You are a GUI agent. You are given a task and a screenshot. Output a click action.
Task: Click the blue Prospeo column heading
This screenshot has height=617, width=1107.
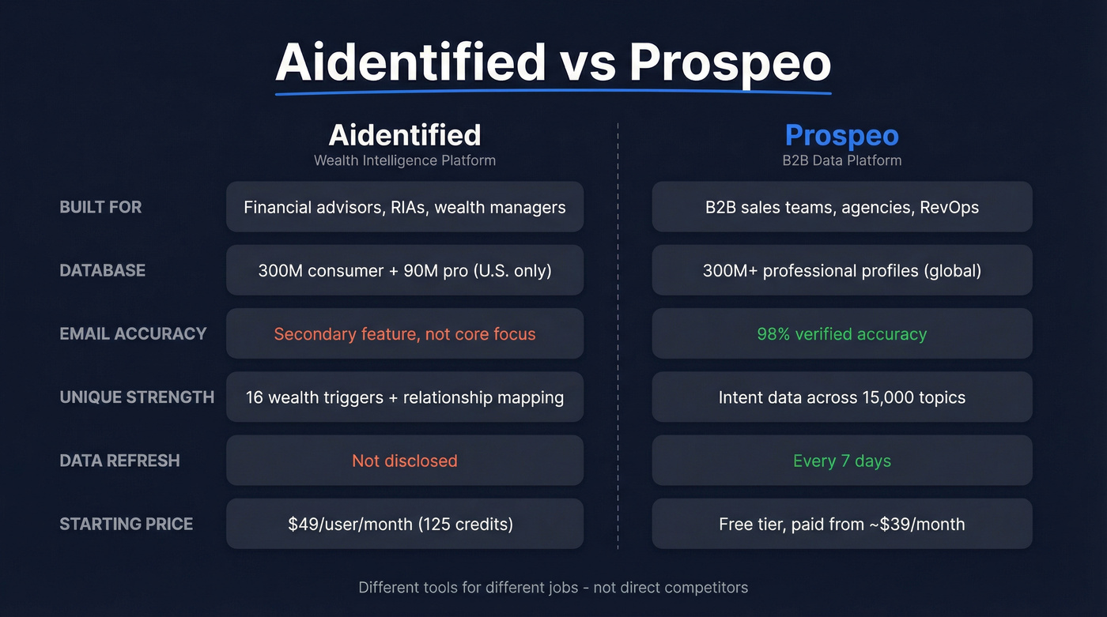click(x=841, y=135)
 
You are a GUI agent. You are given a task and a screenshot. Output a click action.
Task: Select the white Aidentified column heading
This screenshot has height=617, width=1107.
click(x=405, y=135)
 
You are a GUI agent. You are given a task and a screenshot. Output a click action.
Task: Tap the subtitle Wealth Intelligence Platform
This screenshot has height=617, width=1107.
click(x=405, y=160)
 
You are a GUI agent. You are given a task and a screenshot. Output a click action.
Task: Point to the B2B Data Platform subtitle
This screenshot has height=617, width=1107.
click(x=841, y=160)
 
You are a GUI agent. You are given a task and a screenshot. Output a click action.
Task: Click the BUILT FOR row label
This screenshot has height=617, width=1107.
click(x=100, y=207)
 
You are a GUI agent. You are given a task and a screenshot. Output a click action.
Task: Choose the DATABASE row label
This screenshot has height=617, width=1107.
click(x=103, y=270)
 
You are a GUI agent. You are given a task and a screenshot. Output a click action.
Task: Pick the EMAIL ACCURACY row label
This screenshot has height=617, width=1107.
click(x=133, y=333)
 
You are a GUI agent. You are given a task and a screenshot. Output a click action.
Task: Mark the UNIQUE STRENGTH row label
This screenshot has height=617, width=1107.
click(x=137, y=397)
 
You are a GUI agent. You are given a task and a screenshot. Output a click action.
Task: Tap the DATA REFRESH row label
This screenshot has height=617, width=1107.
click(x=119, y=460)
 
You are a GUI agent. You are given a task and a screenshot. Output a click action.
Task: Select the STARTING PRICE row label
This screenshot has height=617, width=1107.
click(x=127, y=523)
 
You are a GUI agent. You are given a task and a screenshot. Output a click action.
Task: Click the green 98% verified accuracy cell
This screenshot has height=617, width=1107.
click(x=841, y=333)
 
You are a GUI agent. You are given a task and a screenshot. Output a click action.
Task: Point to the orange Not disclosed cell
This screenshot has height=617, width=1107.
click(x=405, y=460)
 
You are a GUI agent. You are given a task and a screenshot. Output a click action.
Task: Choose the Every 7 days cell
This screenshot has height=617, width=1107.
click(x=841, y=460)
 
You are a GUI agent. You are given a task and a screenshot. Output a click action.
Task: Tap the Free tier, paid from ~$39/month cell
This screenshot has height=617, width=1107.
click(x=841, y=523)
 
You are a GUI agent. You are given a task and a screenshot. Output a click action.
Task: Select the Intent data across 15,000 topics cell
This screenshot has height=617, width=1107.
click(x=841, y=397)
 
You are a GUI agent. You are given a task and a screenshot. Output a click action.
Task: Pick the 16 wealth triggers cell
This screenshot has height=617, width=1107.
click(x=405, y=397)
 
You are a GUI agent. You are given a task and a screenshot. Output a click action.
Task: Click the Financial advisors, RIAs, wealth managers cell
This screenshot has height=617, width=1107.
click(x=405, y=207)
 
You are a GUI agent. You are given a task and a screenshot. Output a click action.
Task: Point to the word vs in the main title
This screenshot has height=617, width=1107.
click(x=588, y=62)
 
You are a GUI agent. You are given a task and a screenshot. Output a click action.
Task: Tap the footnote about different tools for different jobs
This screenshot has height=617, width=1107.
click(x=553, y=587)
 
